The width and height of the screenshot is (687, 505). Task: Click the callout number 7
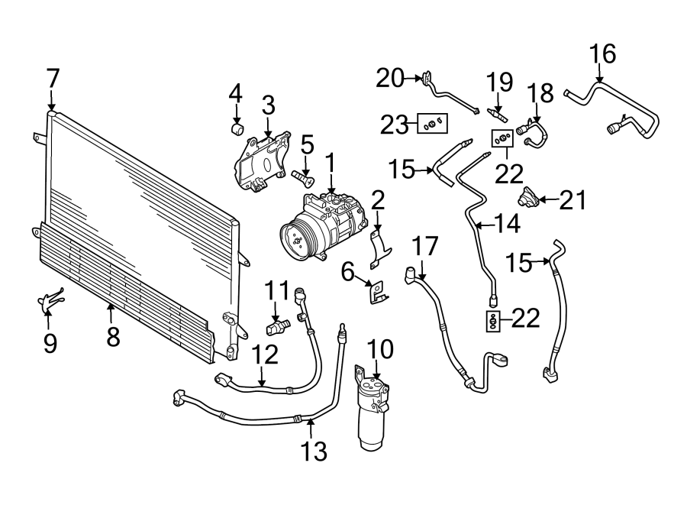point(52,78)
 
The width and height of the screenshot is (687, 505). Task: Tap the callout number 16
point(602,54)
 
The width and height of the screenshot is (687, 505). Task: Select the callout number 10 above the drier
point(380,350)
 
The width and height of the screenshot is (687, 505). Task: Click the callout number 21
point(573,200)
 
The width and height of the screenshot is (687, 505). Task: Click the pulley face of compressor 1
point(294,236)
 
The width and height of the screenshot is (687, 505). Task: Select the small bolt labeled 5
point(303,177)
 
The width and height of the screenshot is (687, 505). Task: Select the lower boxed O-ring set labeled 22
point(494,321)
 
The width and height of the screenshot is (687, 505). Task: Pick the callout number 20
point(390,78)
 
